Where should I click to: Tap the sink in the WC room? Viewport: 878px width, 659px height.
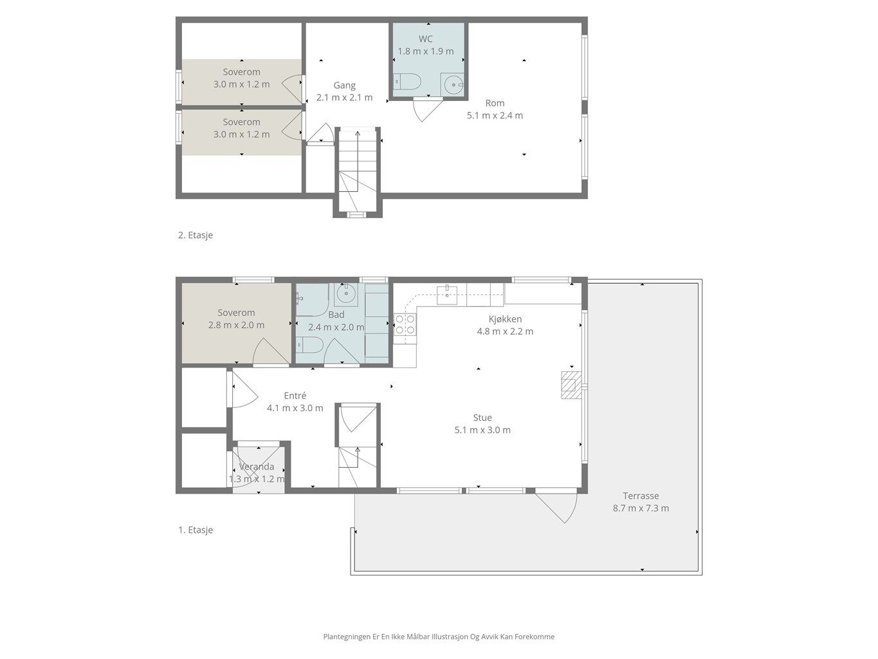(x=452, y=85)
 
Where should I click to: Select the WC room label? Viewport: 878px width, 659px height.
(x=426, y=39)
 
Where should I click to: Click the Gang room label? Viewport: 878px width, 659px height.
(x=344, y=85)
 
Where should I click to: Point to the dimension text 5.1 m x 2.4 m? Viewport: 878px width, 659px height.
(x=495, y=115)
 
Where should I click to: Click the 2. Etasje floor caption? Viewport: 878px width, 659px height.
(x=195, y=235)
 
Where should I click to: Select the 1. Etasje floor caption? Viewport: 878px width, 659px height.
(x=195, y=530)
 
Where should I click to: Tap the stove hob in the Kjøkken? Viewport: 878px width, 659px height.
(x=405, y=324)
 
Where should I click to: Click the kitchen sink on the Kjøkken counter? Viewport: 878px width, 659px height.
(x=447, y=295)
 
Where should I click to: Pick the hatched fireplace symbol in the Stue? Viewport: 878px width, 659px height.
(x=571, y=385)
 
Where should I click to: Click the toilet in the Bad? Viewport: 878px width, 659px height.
(x=309, y=345)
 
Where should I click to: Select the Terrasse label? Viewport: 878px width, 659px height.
(x=641, y=496)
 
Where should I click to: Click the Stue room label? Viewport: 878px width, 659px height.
(x=482, y=418)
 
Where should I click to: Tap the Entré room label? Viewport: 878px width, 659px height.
(x=295, y=396)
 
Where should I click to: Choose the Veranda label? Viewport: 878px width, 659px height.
(x=257, y=467)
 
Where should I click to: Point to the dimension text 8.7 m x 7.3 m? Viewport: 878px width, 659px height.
(x=641, y=508)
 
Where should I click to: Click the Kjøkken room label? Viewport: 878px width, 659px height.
(x=505, y=319)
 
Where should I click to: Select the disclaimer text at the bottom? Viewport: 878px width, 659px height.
(x=439, y=636)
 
